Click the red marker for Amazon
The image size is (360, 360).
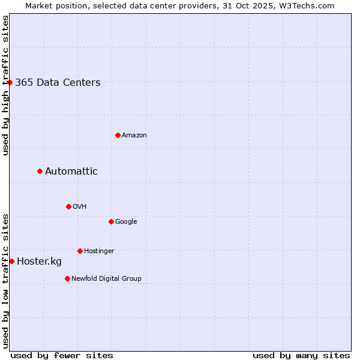[118, 135]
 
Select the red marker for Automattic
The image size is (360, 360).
[40, 171]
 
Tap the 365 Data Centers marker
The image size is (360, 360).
[10, 82]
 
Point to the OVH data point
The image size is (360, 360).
[68, 206]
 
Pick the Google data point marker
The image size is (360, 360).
[111, 221]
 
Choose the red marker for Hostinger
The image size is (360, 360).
[80, 251]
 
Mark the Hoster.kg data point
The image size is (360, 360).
[11, 261]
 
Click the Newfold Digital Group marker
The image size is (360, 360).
[67, 278]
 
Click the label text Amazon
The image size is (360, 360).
[134, 136]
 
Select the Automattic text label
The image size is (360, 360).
[71, 172]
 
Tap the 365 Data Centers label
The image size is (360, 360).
[58, 83]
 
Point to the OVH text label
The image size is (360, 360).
[80, 207]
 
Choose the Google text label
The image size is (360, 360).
[126, 222]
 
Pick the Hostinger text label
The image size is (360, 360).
[99, 251]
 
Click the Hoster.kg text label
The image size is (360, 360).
[39, 262]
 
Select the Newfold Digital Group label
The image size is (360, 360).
[106, 279]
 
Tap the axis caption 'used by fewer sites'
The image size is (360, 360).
[62, 355]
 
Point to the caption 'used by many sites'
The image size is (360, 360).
[301, 355]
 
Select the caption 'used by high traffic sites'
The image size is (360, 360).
[5, 85]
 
